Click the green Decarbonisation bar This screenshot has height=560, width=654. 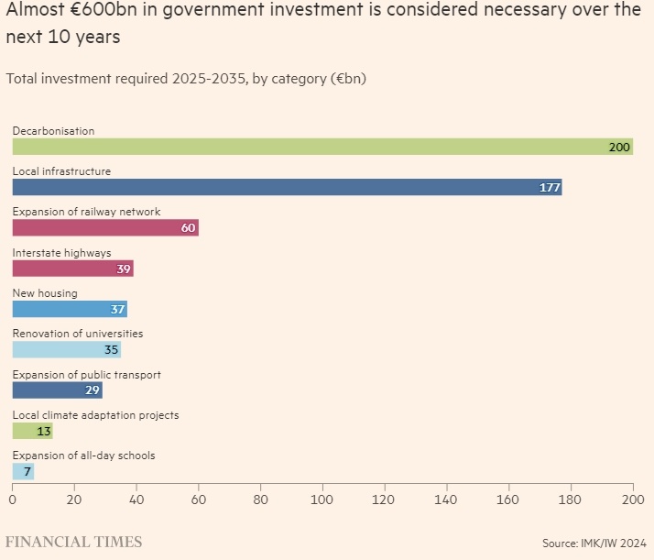[321, 147]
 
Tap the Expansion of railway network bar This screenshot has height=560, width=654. [105, 228]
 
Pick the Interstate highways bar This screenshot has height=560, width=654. [72, 269]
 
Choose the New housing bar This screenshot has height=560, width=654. [70, 309]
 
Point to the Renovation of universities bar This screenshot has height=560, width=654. [66, 349]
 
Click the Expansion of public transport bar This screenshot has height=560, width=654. [57, 390]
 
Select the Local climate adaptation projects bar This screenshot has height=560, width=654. [32, 431]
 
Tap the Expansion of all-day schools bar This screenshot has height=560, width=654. [23, 471]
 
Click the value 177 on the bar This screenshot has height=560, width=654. [550, 188]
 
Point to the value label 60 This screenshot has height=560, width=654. [188, 228]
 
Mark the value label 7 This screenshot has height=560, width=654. [27, 471]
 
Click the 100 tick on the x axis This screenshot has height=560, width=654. [322, 500]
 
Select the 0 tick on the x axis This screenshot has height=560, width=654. [13, 500]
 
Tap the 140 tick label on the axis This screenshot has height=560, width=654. [447, 500]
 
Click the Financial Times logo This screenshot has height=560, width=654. [74, 542]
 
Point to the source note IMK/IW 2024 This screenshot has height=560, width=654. [594, 544]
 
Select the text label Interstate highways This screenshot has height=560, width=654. [61, 253]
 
